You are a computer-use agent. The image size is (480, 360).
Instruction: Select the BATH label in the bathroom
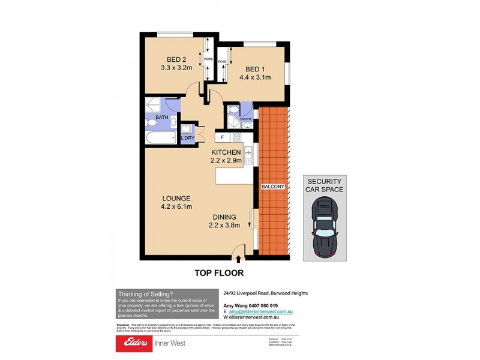click(162, 117)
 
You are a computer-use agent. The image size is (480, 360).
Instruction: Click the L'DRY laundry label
click(188, 139)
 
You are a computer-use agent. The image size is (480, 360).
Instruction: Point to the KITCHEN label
click(226, 152)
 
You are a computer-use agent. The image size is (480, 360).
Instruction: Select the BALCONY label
click(272, 187)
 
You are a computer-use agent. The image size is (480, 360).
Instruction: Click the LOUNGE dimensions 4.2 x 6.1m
click(175, 207)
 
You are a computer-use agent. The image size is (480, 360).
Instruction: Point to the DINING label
click(224, 217)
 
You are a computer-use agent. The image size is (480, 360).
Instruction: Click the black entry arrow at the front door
click(239, 259)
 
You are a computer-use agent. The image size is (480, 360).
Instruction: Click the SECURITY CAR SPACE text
click(324, 185)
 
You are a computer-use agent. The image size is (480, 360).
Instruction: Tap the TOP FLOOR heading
click(218, 273)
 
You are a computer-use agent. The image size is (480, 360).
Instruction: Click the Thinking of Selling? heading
click(145, 293)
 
